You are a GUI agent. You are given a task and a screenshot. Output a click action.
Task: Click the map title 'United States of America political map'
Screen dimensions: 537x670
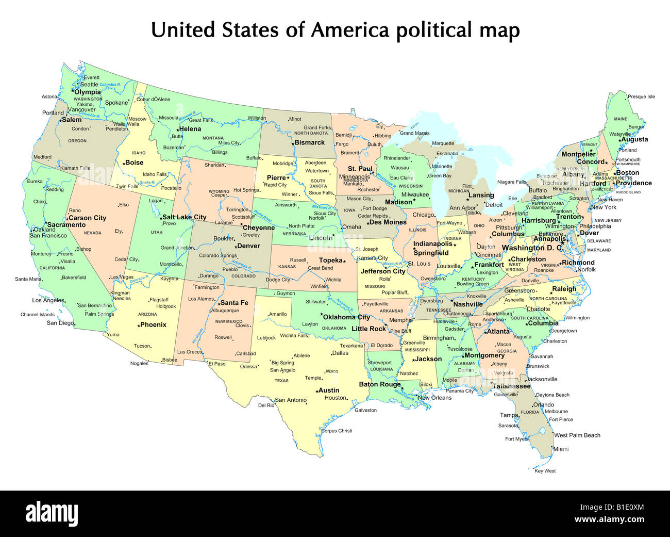(335, 30)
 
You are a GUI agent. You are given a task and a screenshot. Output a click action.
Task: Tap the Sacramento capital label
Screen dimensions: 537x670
(66, 225)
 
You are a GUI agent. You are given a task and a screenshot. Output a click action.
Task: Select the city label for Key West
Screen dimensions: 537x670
(545, 471)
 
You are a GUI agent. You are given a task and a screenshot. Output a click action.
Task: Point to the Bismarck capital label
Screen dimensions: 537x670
(309, 142)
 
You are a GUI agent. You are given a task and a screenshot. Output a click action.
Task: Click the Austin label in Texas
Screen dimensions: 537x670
(328, 390)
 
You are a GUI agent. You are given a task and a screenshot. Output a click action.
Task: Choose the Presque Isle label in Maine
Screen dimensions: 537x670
(641, 96)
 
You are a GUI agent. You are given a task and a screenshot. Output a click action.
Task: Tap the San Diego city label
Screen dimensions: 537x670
(60, 323)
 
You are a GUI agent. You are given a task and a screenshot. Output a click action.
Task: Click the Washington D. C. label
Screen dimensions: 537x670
(532, 248)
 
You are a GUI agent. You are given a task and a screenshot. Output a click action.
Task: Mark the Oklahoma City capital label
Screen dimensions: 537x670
(346, 317)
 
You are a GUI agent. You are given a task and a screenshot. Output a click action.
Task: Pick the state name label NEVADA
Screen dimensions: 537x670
(93, 233)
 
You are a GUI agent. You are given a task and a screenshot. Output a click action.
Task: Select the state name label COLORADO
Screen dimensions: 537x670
(243, 276)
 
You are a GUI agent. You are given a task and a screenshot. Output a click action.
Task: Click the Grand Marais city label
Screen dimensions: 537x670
(414, 133)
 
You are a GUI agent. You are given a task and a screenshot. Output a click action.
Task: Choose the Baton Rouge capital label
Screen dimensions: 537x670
(379, 384)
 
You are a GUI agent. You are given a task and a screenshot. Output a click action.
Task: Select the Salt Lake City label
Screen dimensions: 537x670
(184, 217)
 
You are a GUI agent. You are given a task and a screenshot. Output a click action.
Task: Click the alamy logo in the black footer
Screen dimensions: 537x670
(52, 514)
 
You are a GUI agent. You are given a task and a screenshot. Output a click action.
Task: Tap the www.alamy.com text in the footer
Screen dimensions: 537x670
(609, 519)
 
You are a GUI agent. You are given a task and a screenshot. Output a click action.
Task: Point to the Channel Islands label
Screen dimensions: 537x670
(37, 315)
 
